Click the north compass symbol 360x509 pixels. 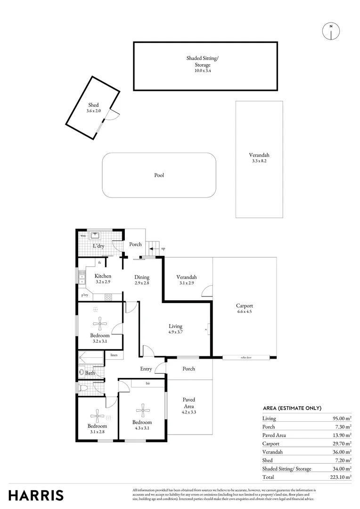tap(331, 31)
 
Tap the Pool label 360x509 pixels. tap(159, 175)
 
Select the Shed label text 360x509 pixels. tap(93, 105)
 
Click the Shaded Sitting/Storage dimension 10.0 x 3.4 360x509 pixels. tap(203, 71)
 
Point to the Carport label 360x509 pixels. tap(245, 306)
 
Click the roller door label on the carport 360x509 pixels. tap(245, 358)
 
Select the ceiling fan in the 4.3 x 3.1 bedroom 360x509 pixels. tap(142, 408)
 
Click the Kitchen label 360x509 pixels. tap(103, 276)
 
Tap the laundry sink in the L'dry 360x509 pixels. tap(96, 235)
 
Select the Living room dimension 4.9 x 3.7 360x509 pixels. tap(176, 332)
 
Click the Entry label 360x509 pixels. tap(146, 369)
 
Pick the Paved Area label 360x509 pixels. tap(189, 403)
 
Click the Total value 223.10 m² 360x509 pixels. tap(342, 477)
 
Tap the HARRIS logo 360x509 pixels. tap(36, 495)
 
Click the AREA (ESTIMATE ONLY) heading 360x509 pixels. tap(292, 408)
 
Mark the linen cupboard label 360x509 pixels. tap(114, 355)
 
